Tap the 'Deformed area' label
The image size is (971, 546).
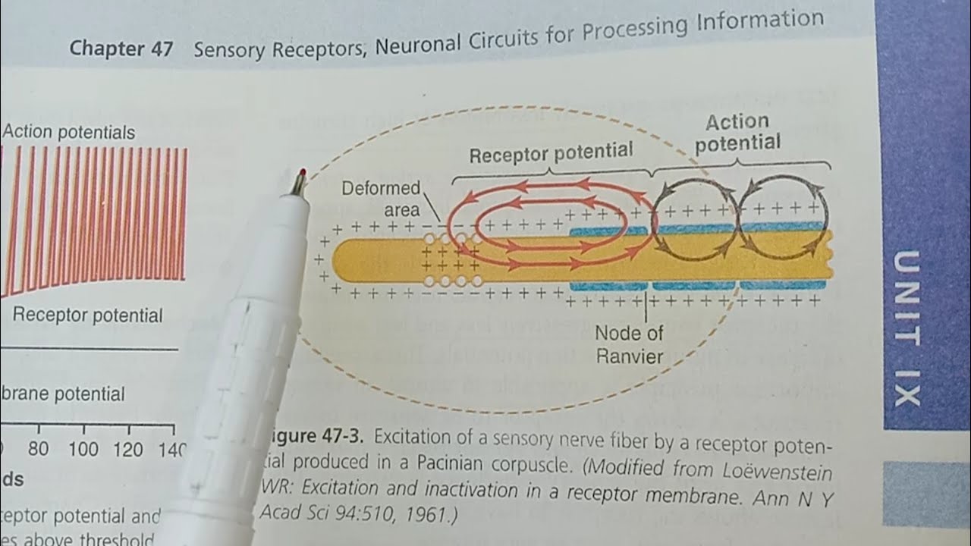point(380,199)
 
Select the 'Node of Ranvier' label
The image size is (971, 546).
point(628,344)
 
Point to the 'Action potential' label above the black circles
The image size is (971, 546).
point(737,132)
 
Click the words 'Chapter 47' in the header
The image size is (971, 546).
point(121,49)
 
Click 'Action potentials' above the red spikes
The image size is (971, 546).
point(68,132)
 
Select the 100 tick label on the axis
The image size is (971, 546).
point(83,450)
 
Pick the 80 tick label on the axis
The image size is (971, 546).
point(38,450)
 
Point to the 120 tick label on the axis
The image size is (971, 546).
point(128,450)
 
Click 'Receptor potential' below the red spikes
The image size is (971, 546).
point(87,315)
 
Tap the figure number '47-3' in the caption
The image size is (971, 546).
point(340,438)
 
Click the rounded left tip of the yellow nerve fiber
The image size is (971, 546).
point(338,260)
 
